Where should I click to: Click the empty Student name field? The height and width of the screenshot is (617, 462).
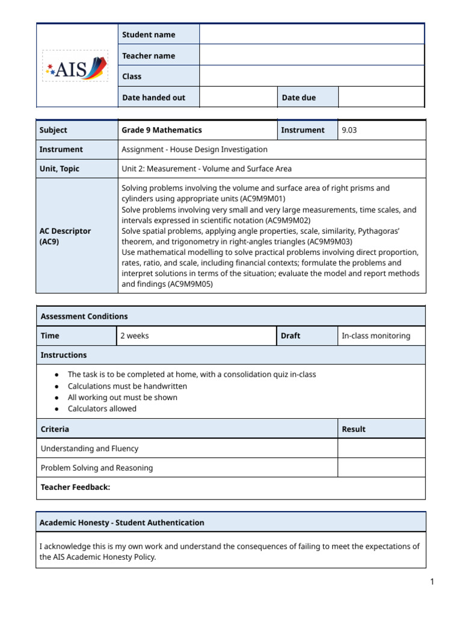tap(311, 34)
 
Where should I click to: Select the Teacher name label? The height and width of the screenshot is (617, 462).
tap(149, 55)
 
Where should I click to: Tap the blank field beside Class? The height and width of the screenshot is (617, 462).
tap(311, 77)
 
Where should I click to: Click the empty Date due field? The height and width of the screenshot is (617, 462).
tap(381, 97)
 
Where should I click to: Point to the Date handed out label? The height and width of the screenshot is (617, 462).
tap(153, 97)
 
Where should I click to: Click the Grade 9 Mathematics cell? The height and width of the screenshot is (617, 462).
tap(162, 130)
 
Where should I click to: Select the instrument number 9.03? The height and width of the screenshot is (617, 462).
tap(350, 130)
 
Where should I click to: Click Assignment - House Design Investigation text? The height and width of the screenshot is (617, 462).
tap(194, 149)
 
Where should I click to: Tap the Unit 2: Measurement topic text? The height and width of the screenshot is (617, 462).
tap(206, 169)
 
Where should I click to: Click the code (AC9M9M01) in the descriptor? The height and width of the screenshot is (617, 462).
tap(262, 198)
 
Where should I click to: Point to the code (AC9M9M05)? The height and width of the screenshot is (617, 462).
tap(191, 284)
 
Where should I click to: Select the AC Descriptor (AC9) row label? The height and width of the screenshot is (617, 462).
tap(65, 236)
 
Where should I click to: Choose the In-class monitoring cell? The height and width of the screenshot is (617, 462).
tap(375, 336)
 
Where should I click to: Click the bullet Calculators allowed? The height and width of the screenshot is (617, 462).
tap(102, 409)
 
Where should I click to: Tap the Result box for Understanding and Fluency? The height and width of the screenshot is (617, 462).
tap(381, 448)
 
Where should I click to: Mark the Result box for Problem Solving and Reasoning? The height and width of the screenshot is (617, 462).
tap(381, 468)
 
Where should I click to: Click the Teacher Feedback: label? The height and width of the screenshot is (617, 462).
tap(75, 487)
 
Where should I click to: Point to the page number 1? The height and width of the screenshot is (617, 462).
tap(431, 581)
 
